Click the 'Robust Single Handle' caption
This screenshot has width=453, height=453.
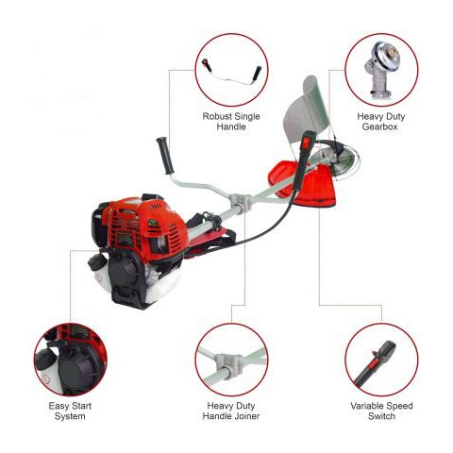(231, 122)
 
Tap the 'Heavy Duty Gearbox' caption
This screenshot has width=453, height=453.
(380, 122)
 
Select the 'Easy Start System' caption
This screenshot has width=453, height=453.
(70, 411)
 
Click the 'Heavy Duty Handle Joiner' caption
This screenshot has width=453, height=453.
(231, 411)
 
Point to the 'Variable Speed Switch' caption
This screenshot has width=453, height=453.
(381, 411)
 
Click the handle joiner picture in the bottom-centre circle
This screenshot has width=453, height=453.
(231, 361)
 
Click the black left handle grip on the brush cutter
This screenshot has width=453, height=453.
(165, 156)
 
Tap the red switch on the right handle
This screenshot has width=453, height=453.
(307, 143)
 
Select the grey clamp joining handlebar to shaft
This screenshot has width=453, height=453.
(241, 203)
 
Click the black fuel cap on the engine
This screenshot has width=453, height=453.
(95, 260)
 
